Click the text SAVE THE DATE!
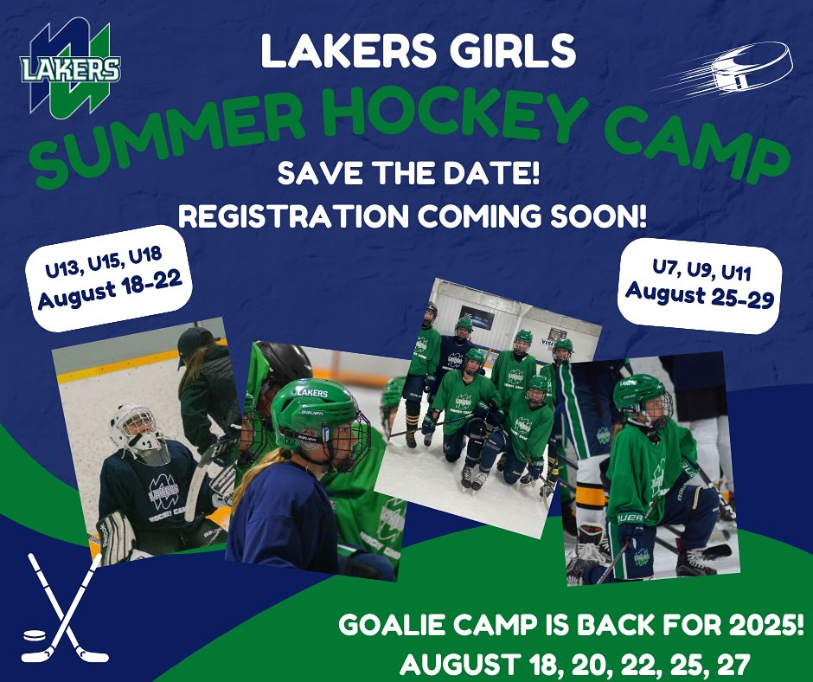coord(408,174)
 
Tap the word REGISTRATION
coord(294,216)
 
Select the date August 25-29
coord(700,295)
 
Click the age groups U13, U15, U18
coord(104,261)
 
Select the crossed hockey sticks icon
coord(65,608)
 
